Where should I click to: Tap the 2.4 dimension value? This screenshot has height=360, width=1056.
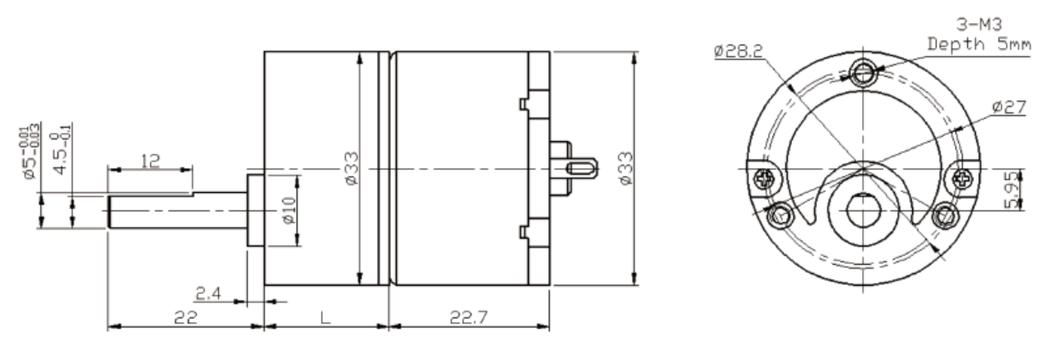(209, 292)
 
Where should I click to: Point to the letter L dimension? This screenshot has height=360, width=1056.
(326, 317)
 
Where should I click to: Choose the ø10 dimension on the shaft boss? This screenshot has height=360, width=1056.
(287, 210)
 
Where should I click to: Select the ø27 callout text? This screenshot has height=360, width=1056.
(1009, 107)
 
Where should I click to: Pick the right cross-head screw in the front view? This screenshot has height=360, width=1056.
(962, 177)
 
